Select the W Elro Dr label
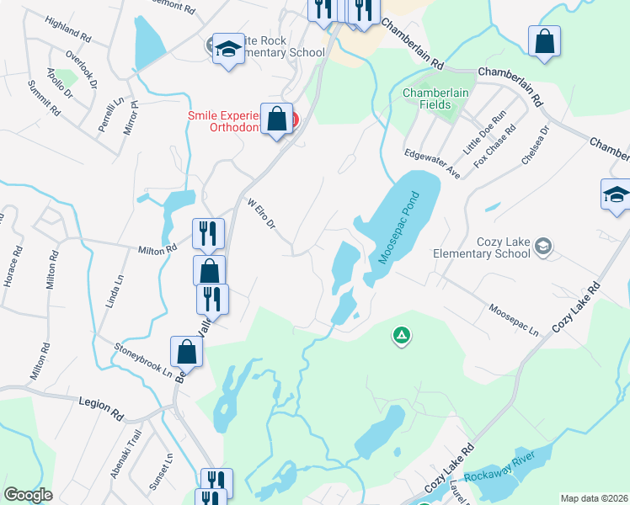(x=261, y=216)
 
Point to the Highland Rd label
(x=67, y=32)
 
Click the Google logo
(x=29, y=495)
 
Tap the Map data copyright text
(x=594, y=498)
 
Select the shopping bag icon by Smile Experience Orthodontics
(x=276, y=120)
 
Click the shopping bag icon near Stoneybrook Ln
(x=186, y=352)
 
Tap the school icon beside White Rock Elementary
(x=227, y=49)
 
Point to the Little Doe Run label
(x=487, y=133)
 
